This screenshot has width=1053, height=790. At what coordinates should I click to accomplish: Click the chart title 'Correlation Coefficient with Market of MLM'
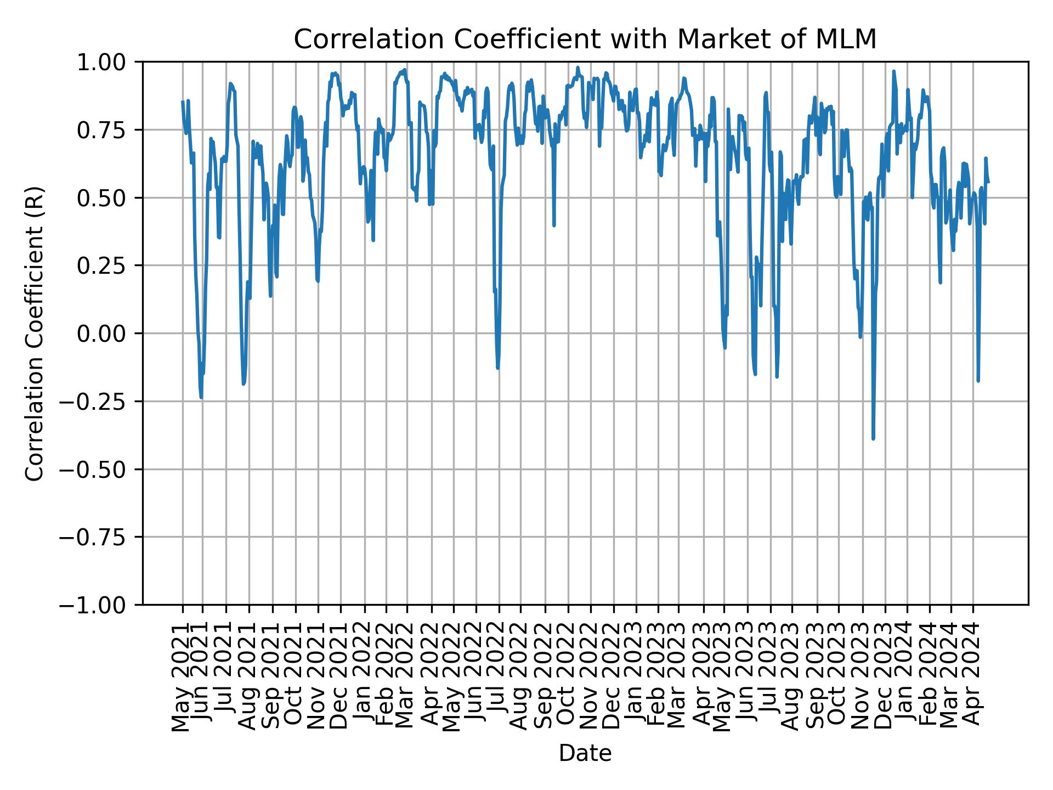(x=585, y=39)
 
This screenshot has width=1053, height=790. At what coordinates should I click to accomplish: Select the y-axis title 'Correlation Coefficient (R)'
(x=35, y=333)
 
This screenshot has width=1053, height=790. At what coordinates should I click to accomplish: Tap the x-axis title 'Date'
(x=585, y=754)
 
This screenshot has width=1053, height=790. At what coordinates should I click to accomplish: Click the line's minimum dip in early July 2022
(x=497, y=368)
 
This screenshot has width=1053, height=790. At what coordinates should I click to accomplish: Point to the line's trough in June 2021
(x=201, y=398)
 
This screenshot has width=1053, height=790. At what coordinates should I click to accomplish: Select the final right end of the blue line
(x=988, y=182)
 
